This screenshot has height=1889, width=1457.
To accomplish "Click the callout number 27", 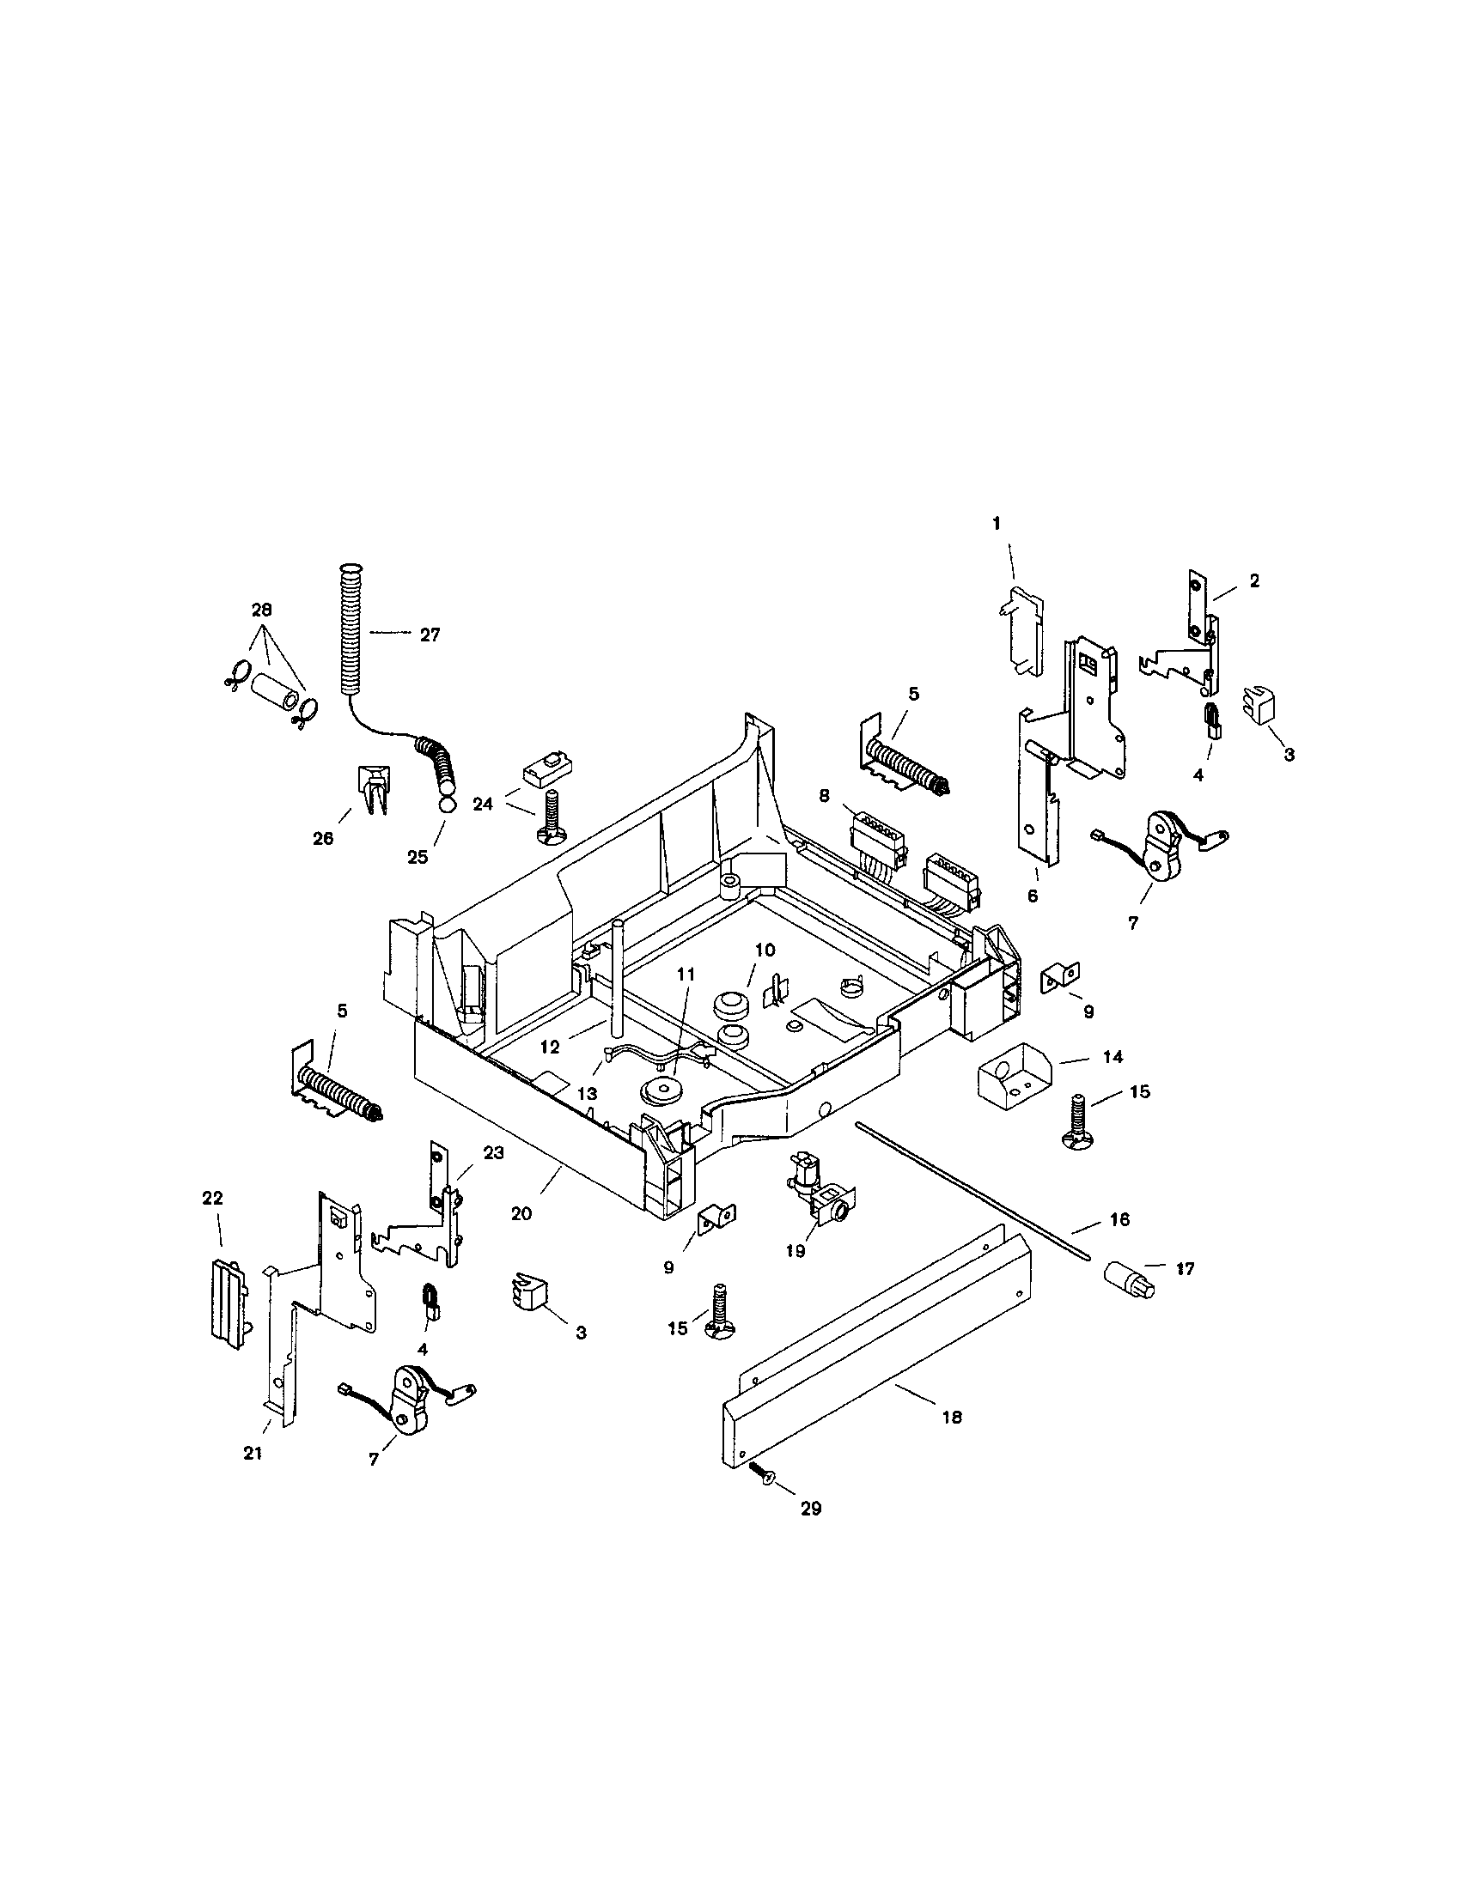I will pyautogui.click(x=430, y=635).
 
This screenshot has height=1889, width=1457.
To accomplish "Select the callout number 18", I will pyautogui.click(x=952, y=1418).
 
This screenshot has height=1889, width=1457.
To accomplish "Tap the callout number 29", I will pyautogui.click(x=811, y=1509).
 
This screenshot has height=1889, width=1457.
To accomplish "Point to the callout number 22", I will pyautogui.click(x=212, y=1198).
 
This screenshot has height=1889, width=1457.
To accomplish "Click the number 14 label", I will pyautogui.click(x=1113, y=1057).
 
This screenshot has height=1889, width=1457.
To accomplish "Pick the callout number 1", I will pyautogui.click(x=996, y=523).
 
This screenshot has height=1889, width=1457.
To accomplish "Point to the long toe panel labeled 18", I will pyautogui.click(x=874, y=1358).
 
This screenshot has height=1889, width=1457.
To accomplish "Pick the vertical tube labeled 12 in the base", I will pyautogui.click(x=618, y=977).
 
